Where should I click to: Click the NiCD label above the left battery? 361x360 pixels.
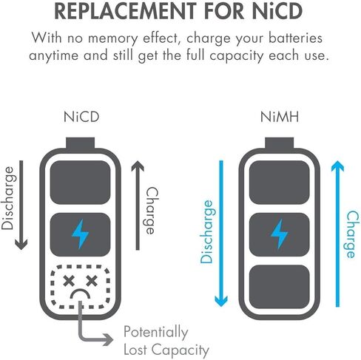[81, 117]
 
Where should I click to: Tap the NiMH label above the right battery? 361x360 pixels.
[280, 117]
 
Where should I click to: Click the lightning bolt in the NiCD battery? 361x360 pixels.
[80, 234]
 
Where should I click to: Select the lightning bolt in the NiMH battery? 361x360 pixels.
[279, 234]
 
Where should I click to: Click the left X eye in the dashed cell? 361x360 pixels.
[69, 281]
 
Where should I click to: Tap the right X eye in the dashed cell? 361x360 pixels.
[92, 281]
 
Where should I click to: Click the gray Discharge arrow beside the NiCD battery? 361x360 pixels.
[21, 205]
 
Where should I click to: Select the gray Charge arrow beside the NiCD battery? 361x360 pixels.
[138, 205]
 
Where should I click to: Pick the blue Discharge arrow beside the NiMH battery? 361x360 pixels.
[221, 234]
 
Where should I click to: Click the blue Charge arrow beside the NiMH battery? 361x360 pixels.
[337, 234]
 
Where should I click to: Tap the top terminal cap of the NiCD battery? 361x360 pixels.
[81, 143]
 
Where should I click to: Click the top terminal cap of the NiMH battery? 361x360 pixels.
[280, 143]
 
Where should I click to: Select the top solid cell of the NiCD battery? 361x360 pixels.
[80, 183]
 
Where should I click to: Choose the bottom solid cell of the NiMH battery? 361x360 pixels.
[279, 287]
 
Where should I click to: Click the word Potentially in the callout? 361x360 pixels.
[156, 333]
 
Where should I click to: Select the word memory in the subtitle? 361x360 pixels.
[112, 38]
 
